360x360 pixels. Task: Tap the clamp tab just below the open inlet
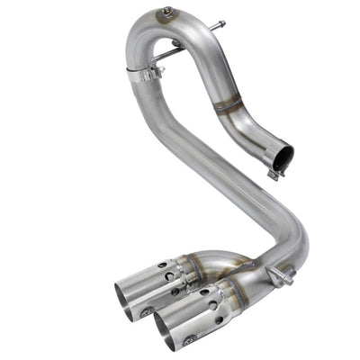pyautogui.click(x=274, y=172)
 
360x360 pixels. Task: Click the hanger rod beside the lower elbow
pyautogui.click(x=284, y=276)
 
